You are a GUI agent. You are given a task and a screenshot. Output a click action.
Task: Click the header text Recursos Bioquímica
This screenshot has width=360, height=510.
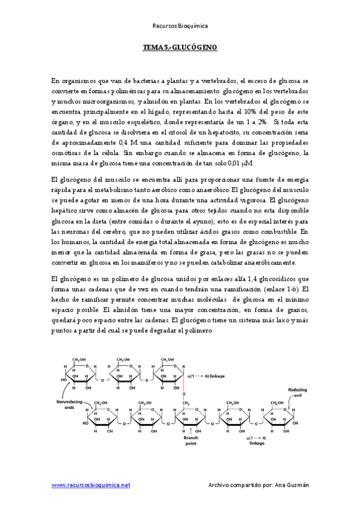pyautogui.click(x=180, y=25)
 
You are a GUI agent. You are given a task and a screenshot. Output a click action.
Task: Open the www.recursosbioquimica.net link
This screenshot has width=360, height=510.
pyautogui.click(x=91, y=485)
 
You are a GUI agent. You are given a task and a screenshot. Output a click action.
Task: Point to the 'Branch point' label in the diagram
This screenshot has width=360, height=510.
pyautogui.click(x=190, y=441)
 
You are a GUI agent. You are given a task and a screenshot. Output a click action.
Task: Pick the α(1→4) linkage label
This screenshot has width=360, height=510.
pyautogui.click(x=257, y=440)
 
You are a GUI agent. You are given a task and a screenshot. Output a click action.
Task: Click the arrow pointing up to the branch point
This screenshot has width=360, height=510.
pyautogui.click(x=191, y=429)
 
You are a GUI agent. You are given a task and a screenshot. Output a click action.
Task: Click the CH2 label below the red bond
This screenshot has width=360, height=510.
pyautogui.click(x=186, y=403)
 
